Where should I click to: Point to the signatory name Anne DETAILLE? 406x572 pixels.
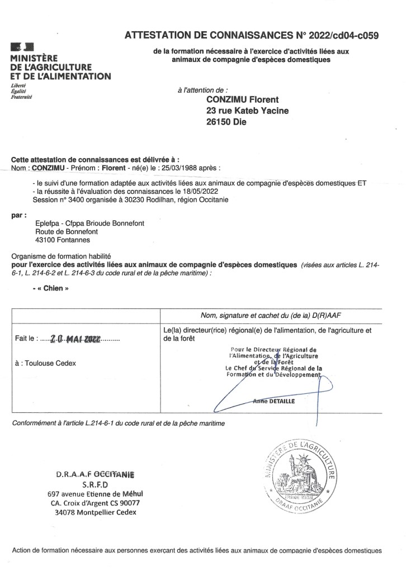coord(274,401)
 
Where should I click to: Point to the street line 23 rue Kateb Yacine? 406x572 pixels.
coord(248,111)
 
